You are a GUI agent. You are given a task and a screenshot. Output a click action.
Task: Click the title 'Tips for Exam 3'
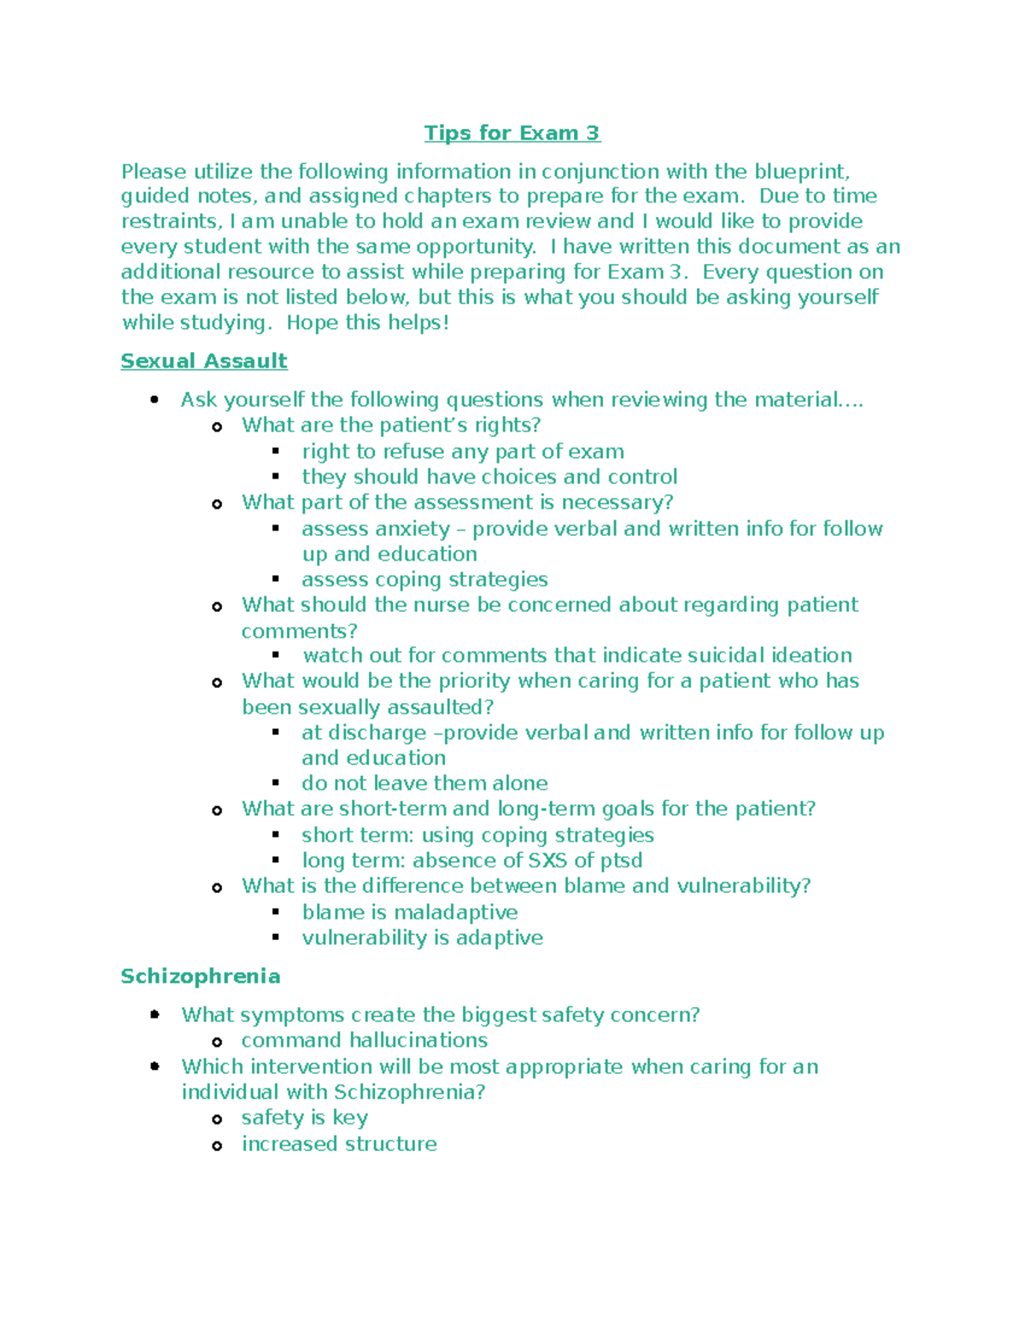point(512,133)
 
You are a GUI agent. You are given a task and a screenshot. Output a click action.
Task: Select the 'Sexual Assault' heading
point(203,361)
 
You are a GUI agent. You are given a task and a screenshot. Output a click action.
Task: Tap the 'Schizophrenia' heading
point(200,976)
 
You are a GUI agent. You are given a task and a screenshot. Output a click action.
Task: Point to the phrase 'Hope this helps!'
point(367,323)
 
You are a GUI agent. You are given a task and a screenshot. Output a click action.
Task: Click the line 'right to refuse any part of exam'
point(462,451)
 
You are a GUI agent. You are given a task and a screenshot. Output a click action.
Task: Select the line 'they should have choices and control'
point(489,477)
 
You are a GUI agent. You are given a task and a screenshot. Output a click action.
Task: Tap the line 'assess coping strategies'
point(425,579)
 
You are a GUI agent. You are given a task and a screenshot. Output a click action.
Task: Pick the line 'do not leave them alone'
point(425,784)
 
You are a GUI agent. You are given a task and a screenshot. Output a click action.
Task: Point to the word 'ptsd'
point(620,860)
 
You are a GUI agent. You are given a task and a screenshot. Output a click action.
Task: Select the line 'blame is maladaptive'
point(409,912)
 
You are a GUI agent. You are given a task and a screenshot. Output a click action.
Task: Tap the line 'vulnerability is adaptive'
point(422,937)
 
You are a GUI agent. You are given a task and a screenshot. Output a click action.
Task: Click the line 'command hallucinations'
point(364,1040)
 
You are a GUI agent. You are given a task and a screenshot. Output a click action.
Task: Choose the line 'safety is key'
point(304,1118)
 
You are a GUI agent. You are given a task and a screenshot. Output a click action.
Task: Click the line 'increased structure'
point(339,1143)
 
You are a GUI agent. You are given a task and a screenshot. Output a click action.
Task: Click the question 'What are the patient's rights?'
point(391,425)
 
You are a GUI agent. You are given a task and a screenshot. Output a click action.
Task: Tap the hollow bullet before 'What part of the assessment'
point(217,504)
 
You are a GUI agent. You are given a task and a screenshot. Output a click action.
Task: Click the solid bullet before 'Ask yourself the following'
point(155,399)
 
